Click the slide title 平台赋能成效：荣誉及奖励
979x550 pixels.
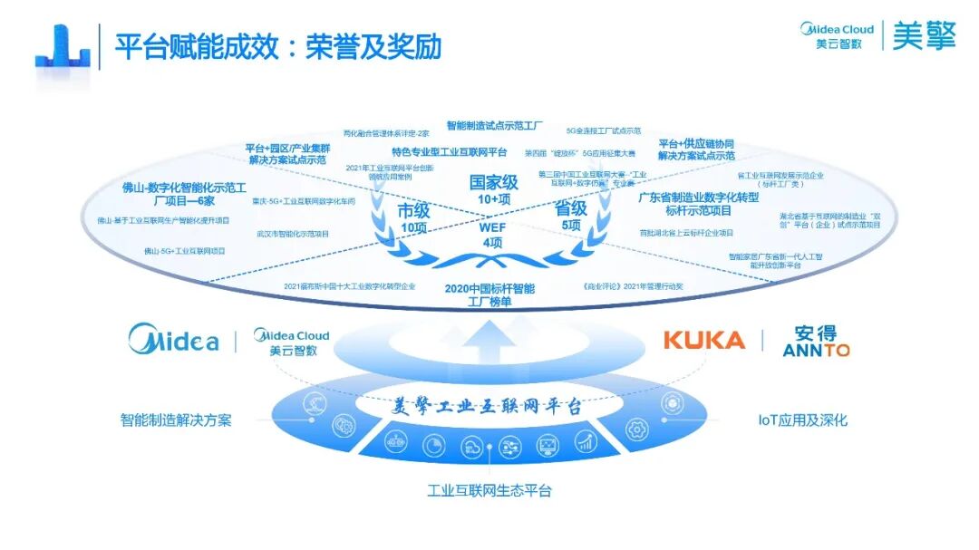coord(277,47)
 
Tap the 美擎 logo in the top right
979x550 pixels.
coord(924,37)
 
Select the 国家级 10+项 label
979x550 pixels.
coord(493,189)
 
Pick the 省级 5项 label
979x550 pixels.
coord(570,216)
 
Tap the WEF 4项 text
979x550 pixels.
coord(492,235)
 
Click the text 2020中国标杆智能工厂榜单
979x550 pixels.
coord(489,295)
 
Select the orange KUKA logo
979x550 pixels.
coord(703,341)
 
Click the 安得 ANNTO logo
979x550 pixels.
coord(816,341)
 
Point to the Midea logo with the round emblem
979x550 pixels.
coord(173,341)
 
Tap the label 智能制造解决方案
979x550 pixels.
coord(176,420)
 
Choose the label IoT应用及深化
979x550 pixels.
coord(803,420)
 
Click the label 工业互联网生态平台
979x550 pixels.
coord(489,491)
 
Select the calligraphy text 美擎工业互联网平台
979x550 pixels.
coord(489,406)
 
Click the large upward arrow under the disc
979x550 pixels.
coord(490,348)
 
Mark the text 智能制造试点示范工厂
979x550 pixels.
coord(495,125)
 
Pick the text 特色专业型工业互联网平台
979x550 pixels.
coord(450,152)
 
